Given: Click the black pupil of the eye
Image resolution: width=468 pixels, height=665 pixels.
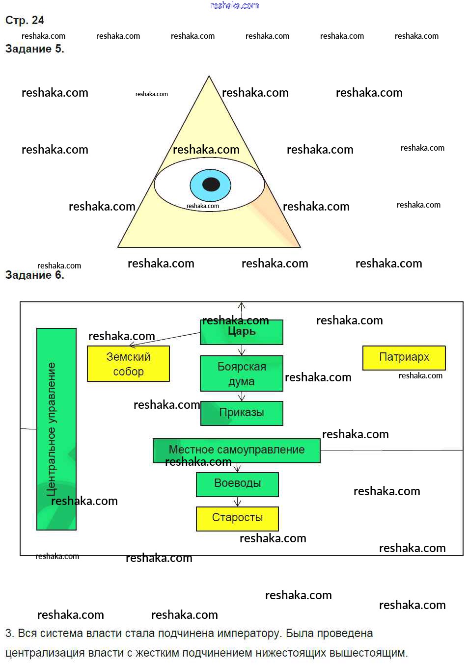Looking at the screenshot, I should pos(211,185).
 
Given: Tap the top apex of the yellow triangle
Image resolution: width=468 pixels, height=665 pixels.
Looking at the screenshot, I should pos(209,77).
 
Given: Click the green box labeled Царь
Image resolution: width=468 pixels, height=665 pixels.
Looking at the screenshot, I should pos(242,332).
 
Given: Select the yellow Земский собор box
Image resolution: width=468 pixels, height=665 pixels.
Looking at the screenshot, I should pos(128,364).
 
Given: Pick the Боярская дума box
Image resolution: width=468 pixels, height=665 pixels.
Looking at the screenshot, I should pos(242,373).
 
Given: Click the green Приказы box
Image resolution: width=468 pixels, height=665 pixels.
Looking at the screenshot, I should pos(242,413).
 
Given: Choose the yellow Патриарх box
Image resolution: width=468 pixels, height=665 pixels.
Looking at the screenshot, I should pos(404,358).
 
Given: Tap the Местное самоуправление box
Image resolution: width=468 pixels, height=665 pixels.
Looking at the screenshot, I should pos(236,451).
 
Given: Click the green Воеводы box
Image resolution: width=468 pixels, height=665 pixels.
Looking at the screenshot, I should pos(237,484).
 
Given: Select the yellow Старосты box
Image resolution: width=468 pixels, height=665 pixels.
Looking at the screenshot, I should pos(237,518).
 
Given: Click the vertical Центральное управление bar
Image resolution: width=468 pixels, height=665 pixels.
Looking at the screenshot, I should pos(56,429).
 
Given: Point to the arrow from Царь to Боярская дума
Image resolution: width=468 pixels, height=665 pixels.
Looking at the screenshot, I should pos(242,350).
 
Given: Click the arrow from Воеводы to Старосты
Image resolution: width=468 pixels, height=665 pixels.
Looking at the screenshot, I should pos(238,502).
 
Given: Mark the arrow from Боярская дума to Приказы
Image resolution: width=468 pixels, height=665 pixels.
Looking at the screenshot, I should pos(242,396).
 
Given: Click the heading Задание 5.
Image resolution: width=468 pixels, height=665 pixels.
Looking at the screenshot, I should pos(34,49).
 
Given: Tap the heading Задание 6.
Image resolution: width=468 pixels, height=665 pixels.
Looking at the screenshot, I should pos(34,275).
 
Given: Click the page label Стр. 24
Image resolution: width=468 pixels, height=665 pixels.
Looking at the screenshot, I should pos(25,21).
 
